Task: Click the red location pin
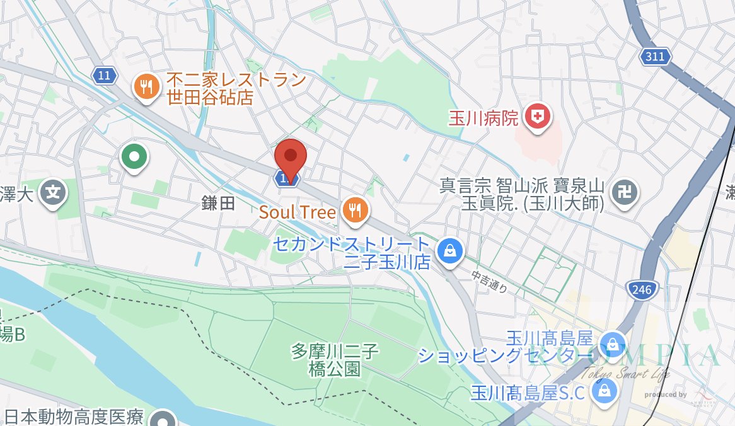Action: [x=291, y=156]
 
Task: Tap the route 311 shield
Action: [x=655, y=57]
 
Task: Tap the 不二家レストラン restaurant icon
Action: [x=148, y=86]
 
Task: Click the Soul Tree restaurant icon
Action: [x=356, y=211]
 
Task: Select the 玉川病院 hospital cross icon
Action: [x=537, y=117]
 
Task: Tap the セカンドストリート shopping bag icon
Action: [x=449, y=251]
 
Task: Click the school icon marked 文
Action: [x=55, y=192]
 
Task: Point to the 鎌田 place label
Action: [x=218, y=202]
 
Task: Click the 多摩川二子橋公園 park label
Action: [x=335, y=359]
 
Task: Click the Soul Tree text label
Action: [x=298, y=212]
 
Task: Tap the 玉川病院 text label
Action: [x=483, y=118]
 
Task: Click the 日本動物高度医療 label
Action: [x=74, y=417]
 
